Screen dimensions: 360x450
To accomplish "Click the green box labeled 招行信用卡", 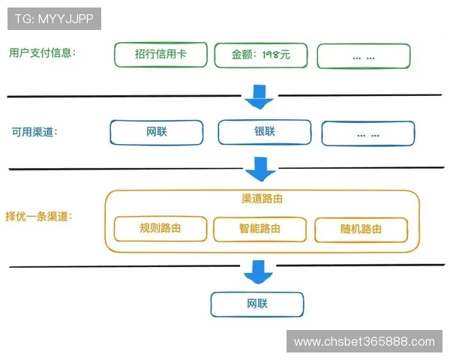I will [x=160, y=55].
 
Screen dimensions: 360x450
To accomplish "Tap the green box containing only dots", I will [x=364, y=56].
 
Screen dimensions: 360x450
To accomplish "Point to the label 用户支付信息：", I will [x=43, y=52].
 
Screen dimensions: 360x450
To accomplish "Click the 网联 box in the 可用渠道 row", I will [x=157, y=132].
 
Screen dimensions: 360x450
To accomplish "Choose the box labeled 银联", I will [x=264, y=132].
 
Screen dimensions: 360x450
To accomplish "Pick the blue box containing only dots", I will [x=367, y=133].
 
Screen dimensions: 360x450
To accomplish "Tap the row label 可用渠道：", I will [x=34, y=131].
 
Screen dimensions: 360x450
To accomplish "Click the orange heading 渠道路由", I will [x=261, y=199].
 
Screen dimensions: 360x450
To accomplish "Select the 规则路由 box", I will [x=160, y=229].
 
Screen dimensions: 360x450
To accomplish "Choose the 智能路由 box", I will [x=260, y=229].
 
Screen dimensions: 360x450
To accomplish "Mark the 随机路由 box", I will [x=361, y=229].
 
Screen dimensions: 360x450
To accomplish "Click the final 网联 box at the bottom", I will [x=257, y=304].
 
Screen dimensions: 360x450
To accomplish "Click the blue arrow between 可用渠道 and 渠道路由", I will [x=260, y=169].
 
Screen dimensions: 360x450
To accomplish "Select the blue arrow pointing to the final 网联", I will [x=260, y=271].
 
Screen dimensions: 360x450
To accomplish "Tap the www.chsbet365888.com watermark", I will [x=364, y=342].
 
